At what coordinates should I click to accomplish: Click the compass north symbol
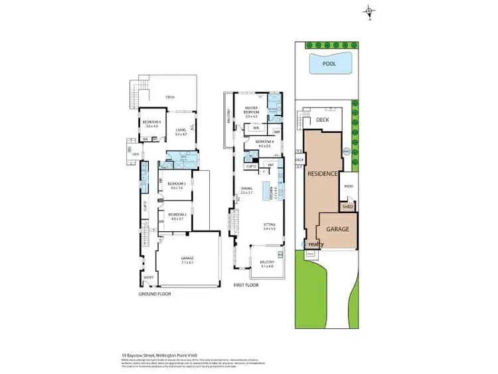click(x=369, y=11)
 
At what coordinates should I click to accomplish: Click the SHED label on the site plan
click(x=347, y=207)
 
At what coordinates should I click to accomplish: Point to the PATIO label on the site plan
click(x=348, y=187)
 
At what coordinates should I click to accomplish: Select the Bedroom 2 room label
click(x=176, y=214)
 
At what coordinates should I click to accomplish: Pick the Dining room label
click(x=246, y=189)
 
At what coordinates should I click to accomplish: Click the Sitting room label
click(x=270, y=225)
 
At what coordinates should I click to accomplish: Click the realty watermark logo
click(x=317, y=244)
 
